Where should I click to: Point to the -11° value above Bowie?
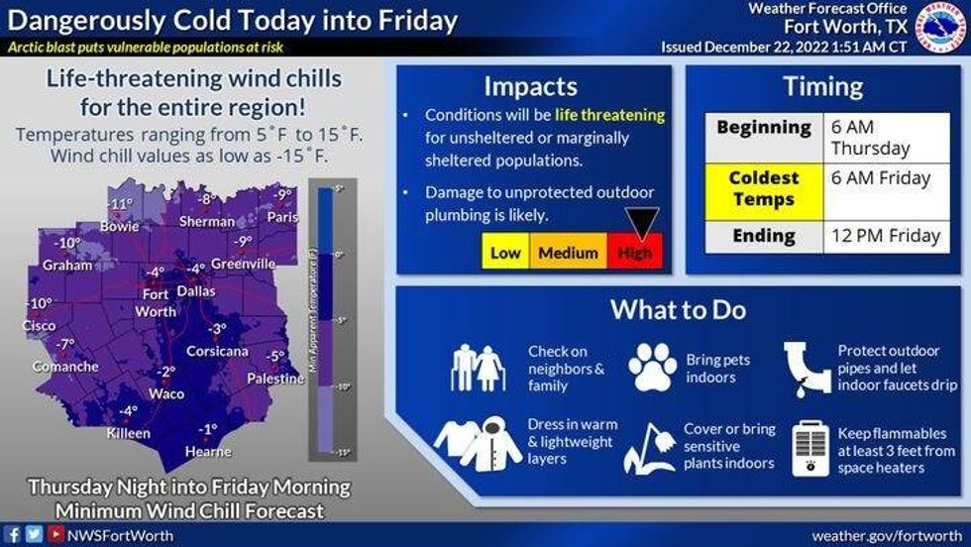[x=120, y=204]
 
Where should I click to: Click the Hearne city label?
[x=208, y=452]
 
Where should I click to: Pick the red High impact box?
[x=635, y=253]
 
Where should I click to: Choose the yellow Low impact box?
[x=505, y=253]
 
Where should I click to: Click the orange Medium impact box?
[x=568, y=253]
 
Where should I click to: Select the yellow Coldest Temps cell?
[x=764, y=188]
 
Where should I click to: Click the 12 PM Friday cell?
[x=885, y=236]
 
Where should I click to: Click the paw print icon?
[x=653, y=367]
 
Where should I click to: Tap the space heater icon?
[x=811, y=448]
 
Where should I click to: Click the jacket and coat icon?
[x=478, y=442]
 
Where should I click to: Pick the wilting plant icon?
[x=648, y=447]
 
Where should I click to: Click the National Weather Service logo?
[x=938, y=28]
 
